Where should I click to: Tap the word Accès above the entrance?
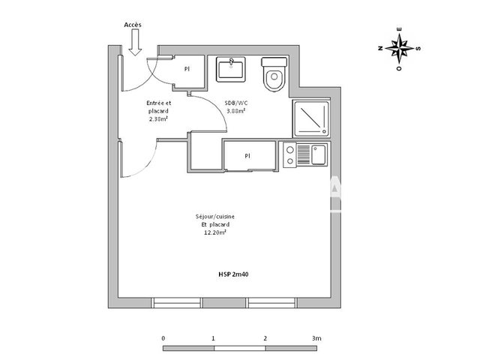click(x=133, y=25)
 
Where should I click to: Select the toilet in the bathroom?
click(x=272, y=74)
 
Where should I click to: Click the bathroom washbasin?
click(x=229, y=69)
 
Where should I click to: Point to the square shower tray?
click(x=309, y=118)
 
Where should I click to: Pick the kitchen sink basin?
click(x=318, y=155)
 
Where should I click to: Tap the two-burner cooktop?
click(x=289, y=155)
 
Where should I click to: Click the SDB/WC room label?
click(x=237, y=104)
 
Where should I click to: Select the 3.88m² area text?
click(x=237, y=111)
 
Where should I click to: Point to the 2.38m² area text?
click(x=158, y=118)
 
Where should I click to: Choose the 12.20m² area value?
click(x=215, y=232)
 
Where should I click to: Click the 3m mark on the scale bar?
click(x=317, y=338)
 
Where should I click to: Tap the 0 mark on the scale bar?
click(x=163, y=338)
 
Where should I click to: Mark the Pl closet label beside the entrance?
click(x=186, y=68)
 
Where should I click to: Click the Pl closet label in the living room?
click(x=247, y=156)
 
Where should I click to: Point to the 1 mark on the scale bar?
click(x=214, y=338)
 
